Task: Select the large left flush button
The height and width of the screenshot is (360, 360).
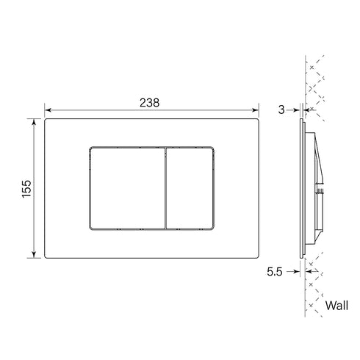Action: [x=126, y=187]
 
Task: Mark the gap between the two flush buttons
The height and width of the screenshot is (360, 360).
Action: [x=167, y=187]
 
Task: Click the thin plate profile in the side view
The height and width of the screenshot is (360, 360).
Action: [x=302, y=187]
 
